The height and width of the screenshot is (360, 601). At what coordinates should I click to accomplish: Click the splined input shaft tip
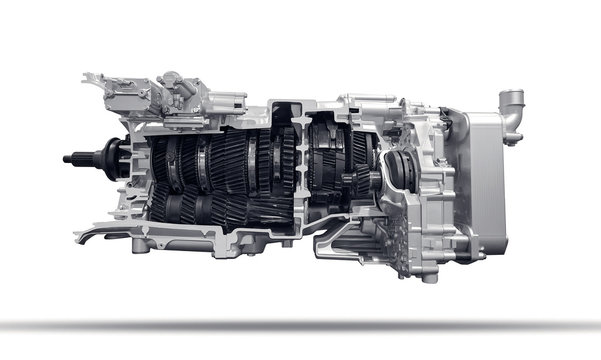(x=72, y=157)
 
